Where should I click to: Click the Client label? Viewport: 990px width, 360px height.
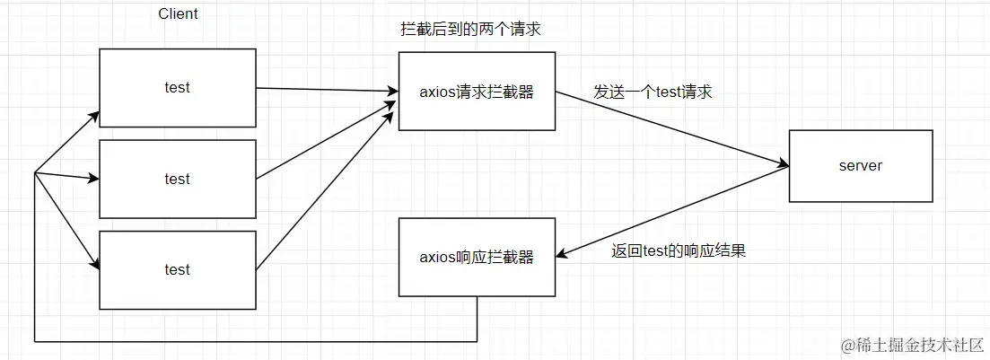178,14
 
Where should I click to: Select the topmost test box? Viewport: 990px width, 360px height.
178,87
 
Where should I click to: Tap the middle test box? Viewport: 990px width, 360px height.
178,179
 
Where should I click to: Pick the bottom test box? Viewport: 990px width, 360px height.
178,269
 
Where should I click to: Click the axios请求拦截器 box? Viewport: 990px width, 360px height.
477,91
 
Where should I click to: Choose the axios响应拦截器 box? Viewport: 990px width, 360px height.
477,257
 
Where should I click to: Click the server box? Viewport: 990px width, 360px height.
860,165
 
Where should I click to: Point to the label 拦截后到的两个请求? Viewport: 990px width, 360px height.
470,30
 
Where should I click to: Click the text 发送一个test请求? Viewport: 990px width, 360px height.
653,92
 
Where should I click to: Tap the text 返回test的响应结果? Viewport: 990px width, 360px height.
678,251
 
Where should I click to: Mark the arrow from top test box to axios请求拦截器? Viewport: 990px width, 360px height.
328,89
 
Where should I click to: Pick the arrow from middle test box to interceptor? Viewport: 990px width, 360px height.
328,135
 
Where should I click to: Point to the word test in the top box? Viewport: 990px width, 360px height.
178,87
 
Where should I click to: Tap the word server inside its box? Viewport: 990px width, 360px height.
860,165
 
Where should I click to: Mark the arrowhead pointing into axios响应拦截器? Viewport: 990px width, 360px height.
562,255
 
